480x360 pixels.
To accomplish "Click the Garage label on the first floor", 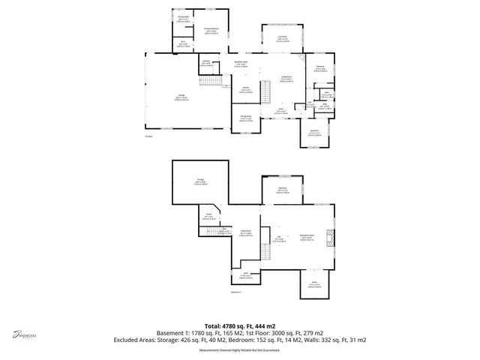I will tap(182, 96).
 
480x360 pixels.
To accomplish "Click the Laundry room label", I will tap(205, 63).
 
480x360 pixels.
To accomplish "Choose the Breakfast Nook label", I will tap(241, 63).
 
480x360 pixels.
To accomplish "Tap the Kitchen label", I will tap(244, 91).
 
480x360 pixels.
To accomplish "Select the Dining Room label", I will tap(245, 118).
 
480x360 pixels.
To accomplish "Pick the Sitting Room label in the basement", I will tap(245, 234).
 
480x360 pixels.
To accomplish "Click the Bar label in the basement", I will tap(278, 239).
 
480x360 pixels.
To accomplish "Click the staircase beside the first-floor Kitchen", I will tap(264, 92).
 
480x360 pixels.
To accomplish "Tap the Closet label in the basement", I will tap(209, 217).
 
